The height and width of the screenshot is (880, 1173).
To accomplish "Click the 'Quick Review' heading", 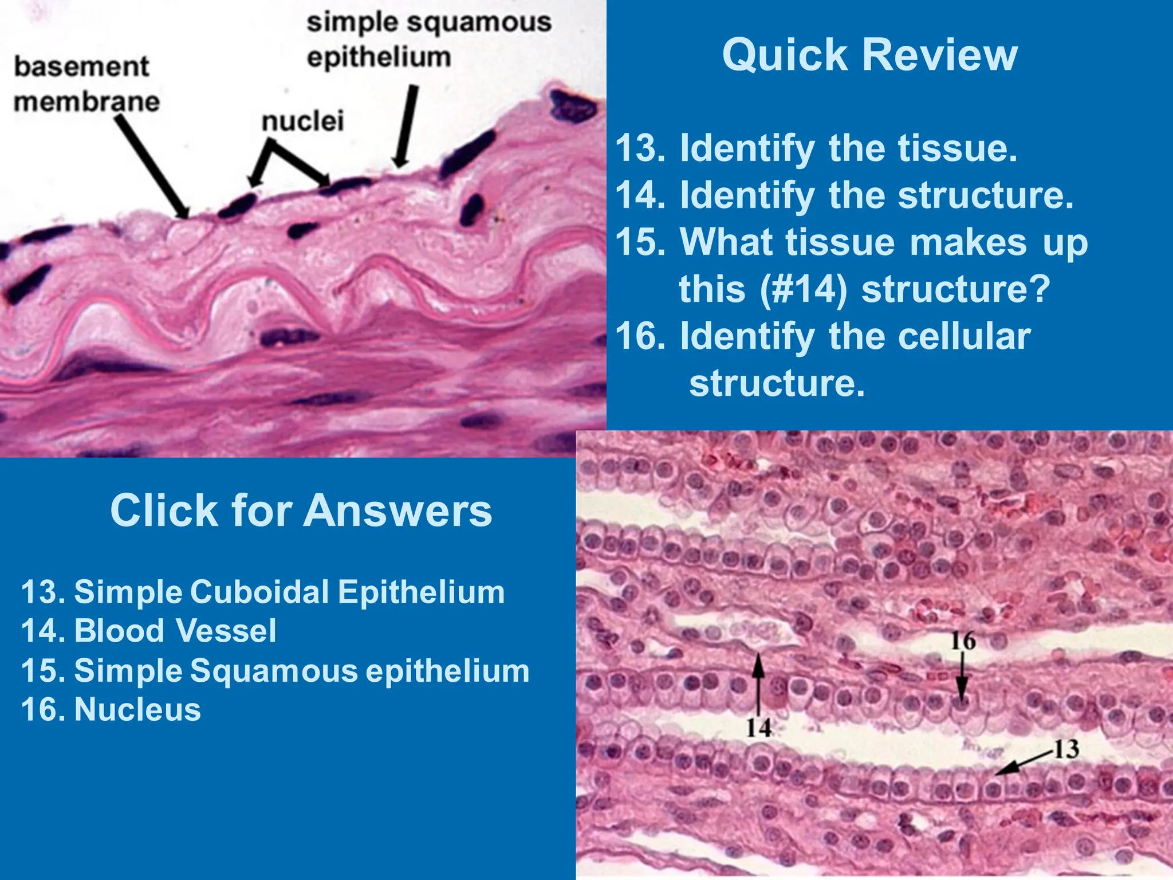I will [x=869, y=56].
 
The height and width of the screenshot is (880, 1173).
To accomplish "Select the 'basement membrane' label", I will [x=86, y=84].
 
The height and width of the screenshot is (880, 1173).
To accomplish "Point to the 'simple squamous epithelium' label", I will [x=428, y=40].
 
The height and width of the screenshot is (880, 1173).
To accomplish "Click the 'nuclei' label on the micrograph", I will [x=302, y=121].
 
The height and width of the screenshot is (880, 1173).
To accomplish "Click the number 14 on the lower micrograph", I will [x=758, y=728].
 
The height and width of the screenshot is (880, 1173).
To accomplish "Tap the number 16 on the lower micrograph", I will [x=963, y=641].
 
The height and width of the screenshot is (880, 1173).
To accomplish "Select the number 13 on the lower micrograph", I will [x=1066, y=749].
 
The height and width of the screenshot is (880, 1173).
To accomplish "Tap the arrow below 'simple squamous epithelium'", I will [x=406, y=126].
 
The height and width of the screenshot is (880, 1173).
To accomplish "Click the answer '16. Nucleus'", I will [x=111, y=709].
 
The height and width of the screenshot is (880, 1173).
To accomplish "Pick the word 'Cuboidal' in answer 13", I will [x=259, y=592].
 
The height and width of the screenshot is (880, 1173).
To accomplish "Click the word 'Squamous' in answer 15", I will [x=273, y=670].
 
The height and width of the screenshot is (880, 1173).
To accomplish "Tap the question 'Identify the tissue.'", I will [x=848, y=148].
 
